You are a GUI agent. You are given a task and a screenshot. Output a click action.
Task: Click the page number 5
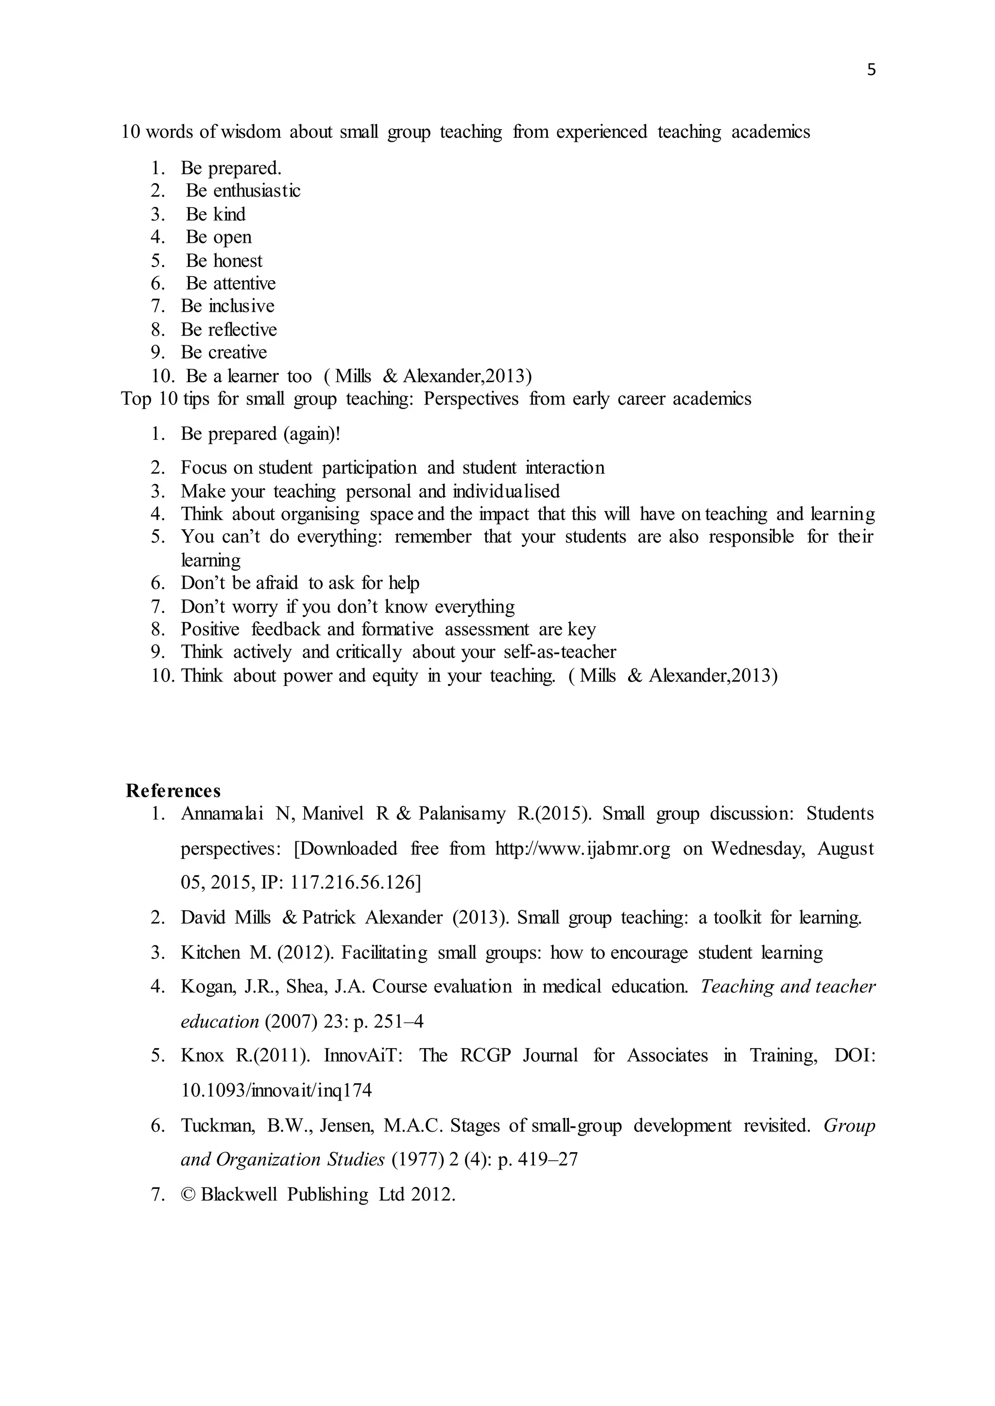pos(871,70)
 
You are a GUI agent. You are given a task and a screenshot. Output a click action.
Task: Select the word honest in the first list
pos(237,261)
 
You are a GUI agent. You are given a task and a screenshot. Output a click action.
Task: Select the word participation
pos(369,468)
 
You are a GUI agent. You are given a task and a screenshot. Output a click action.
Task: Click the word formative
pos(397,630)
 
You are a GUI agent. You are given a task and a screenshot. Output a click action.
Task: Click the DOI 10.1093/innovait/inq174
pos(276,1090)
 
